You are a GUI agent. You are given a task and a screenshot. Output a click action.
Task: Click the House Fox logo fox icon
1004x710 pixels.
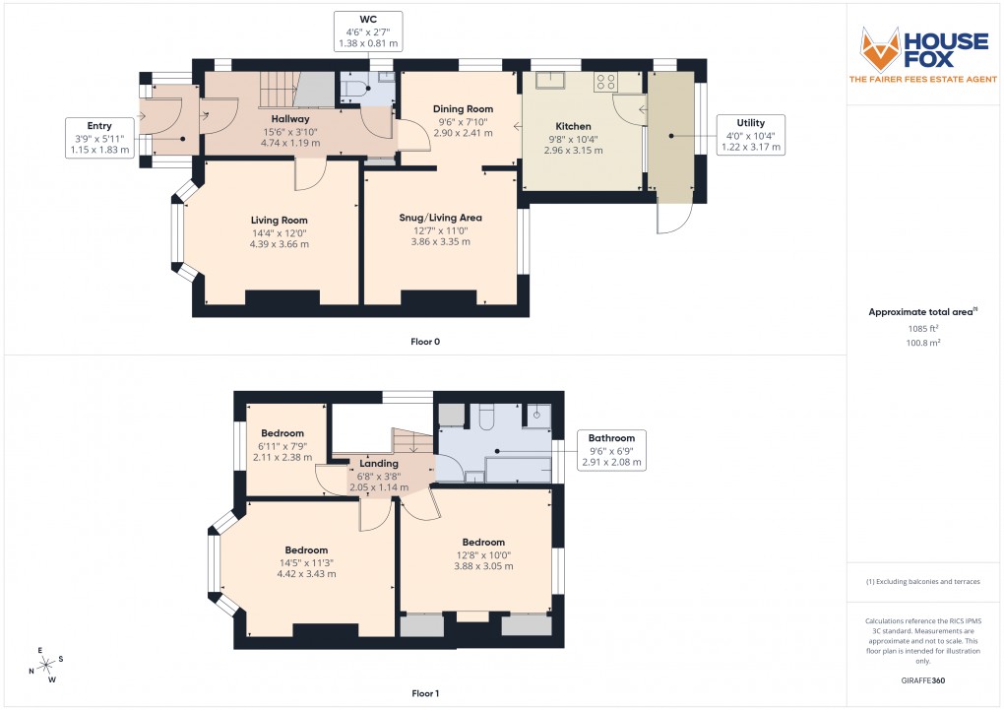pyautogui.click(x=882, y=48)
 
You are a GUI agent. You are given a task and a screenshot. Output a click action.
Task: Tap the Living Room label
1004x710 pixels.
pyautogui.click(x=279, y=220)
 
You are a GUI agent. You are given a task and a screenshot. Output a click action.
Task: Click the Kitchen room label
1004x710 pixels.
pyautogui.click(x=573, y=126)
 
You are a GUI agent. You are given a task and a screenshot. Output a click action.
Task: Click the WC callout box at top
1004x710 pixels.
pyautogui.click(x=369, y=31)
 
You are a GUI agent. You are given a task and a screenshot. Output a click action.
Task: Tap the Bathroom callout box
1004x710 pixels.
pyautogui.click(x=611, y=449)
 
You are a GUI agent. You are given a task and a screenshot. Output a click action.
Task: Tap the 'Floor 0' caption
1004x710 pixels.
pyautogui.click(x=425, y=341)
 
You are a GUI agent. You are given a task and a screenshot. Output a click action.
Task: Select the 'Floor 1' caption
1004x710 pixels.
pyautogui.click(x=425, y=693)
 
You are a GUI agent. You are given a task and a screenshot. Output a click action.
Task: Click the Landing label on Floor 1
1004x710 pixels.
pyautogui.click(x=379, y=463)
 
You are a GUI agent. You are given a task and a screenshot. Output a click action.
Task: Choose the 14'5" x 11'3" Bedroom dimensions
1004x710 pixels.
pyautogui.click(x=306, y=568)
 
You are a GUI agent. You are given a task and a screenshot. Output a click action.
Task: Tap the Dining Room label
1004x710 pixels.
pyautogui.click(x=463, y=108)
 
